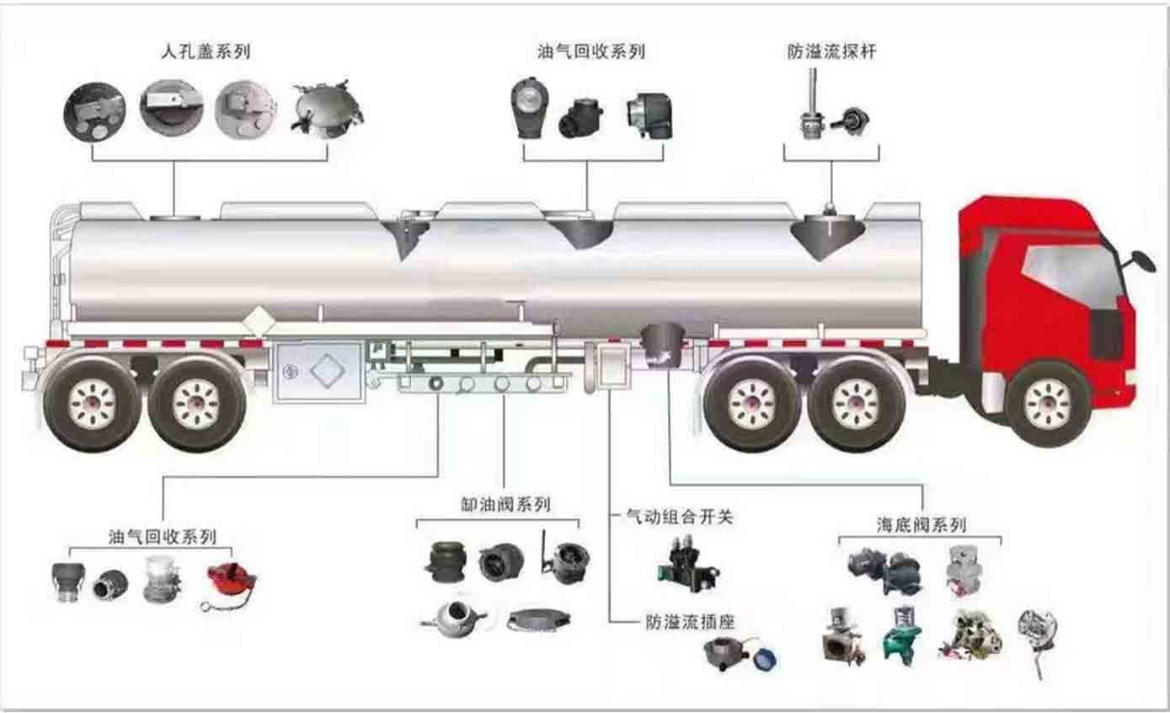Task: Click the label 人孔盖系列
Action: pos(206,51)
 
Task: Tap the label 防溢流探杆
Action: pos(831,51)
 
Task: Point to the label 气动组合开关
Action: pos(679,516)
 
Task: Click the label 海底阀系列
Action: pos(921,525)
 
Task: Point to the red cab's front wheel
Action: pos(1047,405)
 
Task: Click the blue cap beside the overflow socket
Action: pos(765,658)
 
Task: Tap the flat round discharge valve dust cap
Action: pos(539,619)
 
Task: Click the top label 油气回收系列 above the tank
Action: pos(591,51)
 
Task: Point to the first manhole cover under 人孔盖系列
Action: pos(95,112)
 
